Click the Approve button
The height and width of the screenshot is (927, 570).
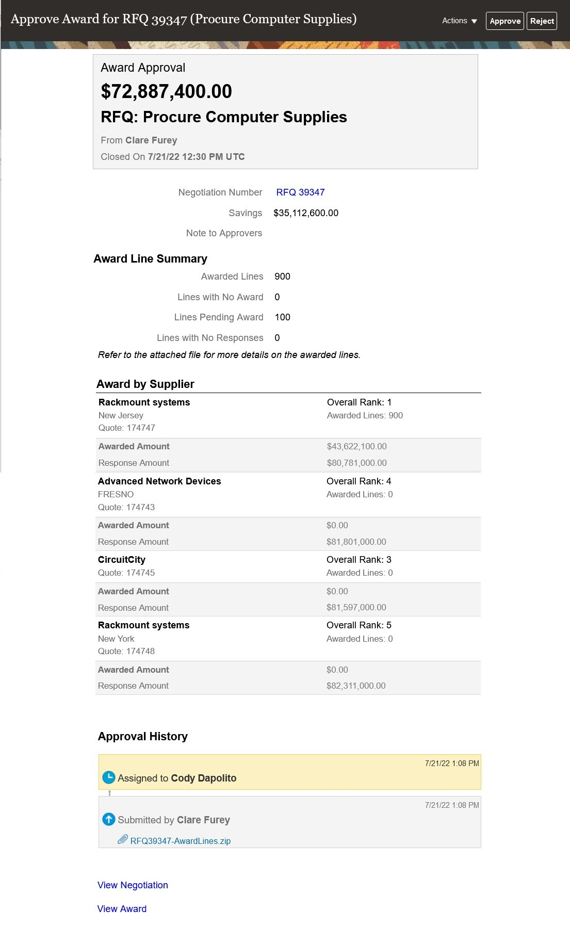click(x=504, y=21)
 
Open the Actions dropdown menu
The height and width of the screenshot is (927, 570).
click(x=459, y=21)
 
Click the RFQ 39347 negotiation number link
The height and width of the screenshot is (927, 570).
click(x=300, y=192)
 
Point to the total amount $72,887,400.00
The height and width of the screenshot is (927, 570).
click(x=166, y=91)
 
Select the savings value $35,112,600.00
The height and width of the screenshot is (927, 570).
click(x=306, y=213)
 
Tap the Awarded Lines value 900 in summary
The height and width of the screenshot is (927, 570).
click(x=282, y=277)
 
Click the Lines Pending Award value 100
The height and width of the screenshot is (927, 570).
click(x=282, y=317)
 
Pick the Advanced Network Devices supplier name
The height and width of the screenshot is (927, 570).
click(x=159, y=481)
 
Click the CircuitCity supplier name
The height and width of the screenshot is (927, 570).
click(x=122, y=560)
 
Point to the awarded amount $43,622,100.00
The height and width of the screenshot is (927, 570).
click(x=356, y=446)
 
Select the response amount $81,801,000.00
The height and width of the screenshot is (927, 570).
click(x=356, y=542)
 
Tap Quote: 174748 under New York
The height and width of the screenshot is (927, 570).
click(x=126, y=651)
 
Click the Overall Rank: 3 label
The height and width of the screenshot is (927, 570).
click(x=359, y=560)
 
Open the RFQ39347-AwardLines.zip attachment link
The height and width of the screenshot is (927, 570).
click(x=180, y=841)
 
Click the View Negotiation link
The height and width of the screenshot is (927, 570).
click(x=133, y=885)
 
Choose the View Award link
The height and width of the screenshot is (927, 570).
click(x=122, y=909)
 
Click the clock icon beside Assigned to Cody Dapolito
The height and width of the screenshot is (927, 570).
click(x=108, y=777)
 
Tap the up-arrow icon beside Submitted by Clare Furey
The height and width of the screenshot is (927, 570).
click(x=108, y=819)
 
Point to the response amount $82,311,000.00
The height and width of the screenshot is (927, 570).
click(x=356, y=686)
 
